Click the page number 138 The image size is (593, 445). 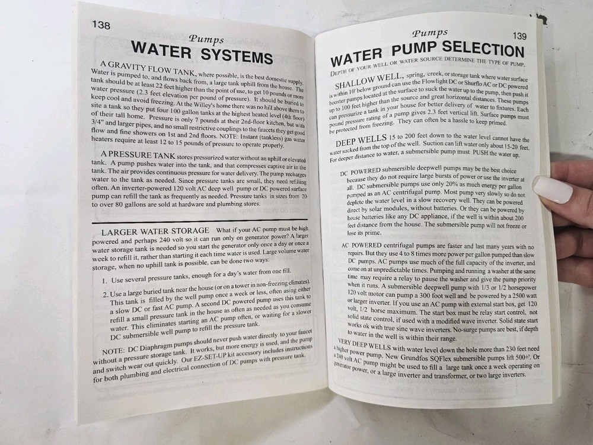[x=101, y=26]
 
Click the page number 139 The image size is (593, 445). [x=519, y=36]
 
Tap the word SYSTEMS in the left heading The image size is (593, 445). [x=237, y=56]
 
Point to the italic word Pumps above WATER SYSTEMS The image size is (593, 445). [x=206, y=39]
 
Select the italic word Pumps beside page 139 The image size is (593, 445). [x=430, y=33]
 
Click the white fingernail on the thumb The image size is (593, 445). [x=552, y=189]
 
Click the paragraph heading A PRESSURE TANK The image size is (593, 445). [x=138, y=155]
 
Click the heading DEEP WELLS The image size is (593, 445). [x=361, y=140]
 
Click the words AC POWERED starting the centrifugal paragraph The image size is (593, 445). [x=362, y=245]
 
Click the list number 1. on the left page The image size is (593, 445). [x=104, y=281]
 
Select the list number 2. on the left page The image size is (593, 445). [x=106, y=294]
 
